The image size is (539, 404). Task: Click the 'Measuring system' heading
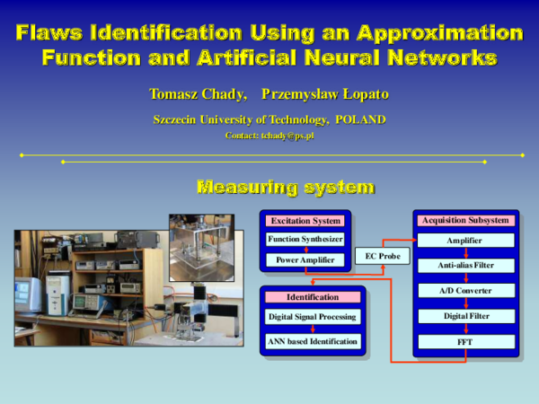285,188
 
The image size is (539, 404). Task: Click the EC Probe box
382,257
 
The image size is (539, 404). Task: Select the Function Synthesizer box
305,239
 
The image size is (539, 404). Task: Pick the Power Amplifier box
305,260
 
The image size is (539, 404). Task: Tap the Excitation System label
305,221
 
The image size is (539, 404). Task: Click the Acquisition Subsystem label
465,220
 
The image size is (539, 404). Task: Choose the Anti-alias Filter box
465,266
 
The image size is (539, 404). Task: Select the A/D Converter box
465,291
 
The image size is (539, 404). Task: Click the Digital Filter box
465,316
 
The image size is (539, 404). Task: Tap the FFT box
465,342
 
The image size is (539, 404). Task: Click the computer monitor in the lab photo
27,294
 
